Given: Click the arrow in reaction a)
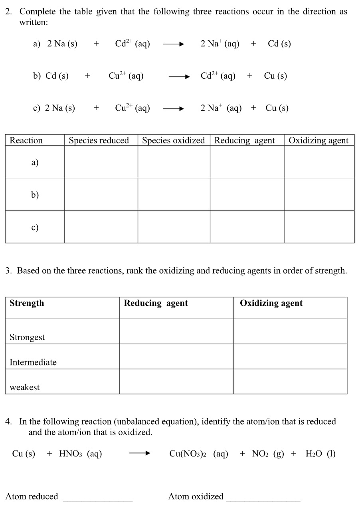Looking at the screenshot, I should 173,44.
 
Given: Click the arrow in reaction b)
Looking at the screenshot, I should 178,76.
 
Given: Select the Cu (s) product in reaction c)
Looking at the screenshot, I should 277,108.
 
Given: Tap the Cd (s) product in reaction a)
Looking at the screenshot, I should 279,44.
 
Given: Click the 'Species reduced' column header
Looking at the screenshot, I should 99,141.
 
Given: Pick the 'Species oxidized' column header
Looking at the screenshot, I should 173,141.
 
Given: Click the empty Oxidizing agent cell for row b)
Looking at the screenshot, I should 319,194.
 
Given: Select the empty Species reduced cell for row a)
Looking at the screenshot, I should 101,162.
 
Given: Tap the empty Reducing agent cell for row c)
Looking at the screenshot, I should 247,226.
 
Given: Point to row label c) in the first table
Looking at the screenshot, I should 35,227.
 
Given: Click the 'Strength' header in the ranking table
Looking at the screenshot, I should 27,303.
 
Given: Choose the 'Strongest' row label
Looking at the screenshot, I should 27,337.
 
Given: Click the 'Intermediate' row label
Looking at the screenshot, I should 33,362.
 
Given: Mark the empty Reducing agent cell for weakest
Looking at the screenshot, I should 176,381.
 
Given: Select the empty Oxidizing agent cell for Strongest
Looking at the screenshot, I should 290,331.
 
